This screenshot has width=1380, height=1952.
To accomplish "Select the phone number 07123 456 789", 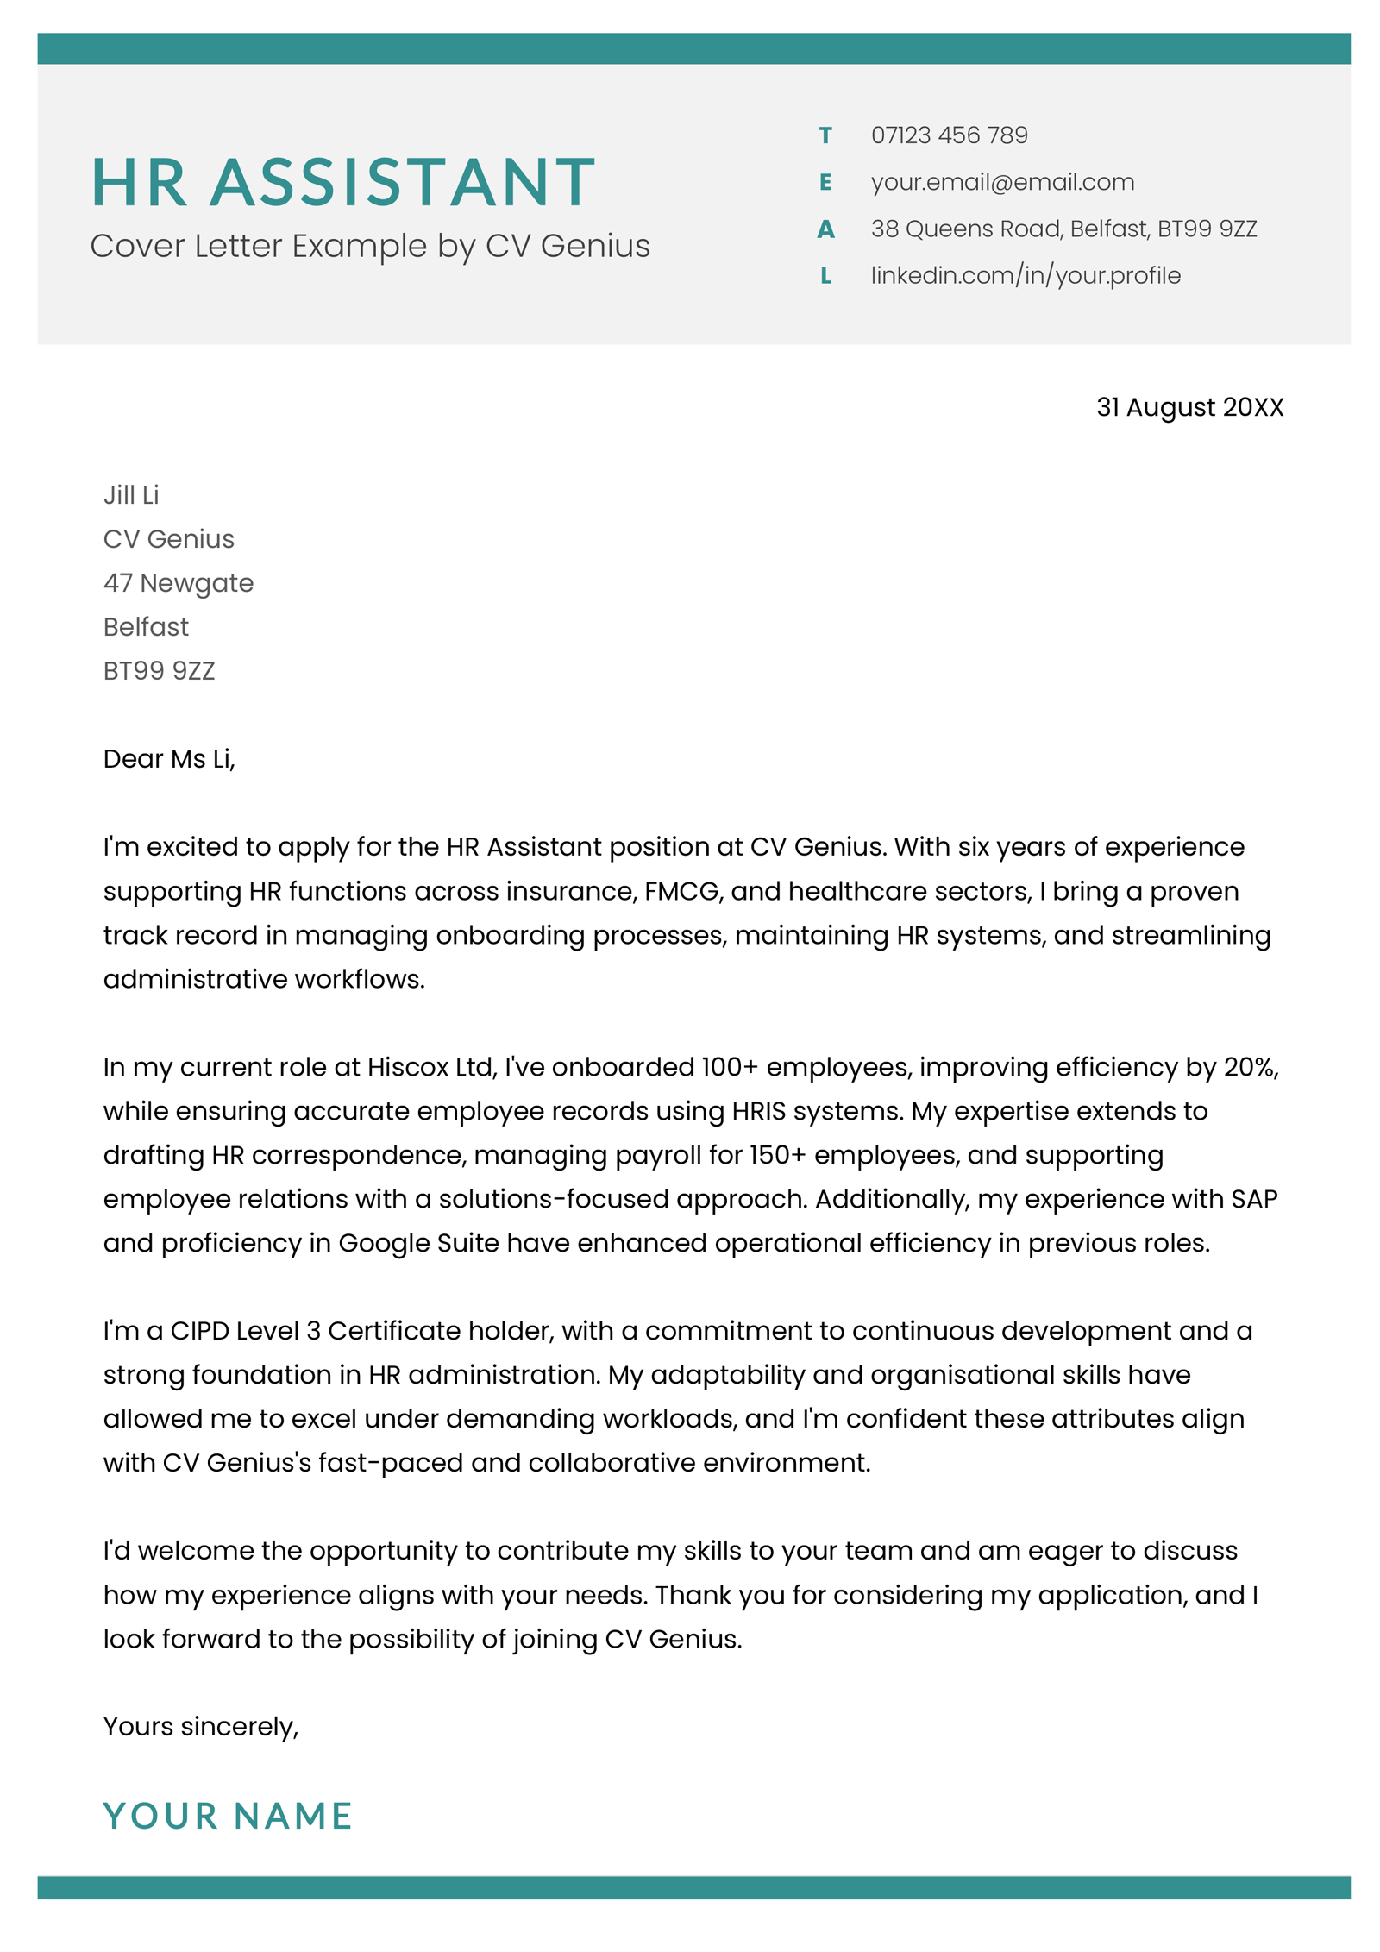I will point(949,135).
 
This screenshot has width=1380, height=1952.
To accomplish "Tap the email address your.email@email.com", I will point(1002,182).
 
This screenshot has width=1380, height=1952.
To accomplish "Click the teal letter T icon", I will point(825,135).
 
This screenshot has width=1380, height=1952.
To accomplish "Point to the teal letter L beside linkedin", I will point(825,276).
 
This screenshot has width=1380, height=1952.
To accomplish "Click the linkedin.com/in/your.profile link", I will point(1025,276).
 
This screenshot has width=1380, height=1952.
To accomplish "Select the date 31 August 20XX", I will point(1189,407).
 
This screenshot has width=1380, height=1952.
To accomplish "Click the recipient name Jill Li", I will point(131,495).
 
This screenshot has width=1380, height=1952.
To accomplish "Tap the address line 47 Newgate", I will point(179,583).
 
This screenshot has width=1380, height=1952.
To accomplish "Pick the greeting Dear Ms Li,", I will point(169,759).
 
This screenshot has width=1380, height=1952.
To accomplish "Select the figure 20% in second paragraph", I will point(1250,1067).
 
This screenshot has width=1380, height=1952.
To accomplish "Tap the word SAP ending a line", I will point(1253,1199).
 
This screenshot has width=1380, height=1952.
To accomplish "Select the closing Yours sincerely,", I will point(201,1727).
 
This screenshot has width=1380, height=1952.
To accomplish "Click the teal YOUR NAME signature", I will point(228,1816).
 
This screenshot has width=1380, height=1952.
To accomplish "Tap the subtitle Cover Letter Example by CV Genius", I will point(370,247).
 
